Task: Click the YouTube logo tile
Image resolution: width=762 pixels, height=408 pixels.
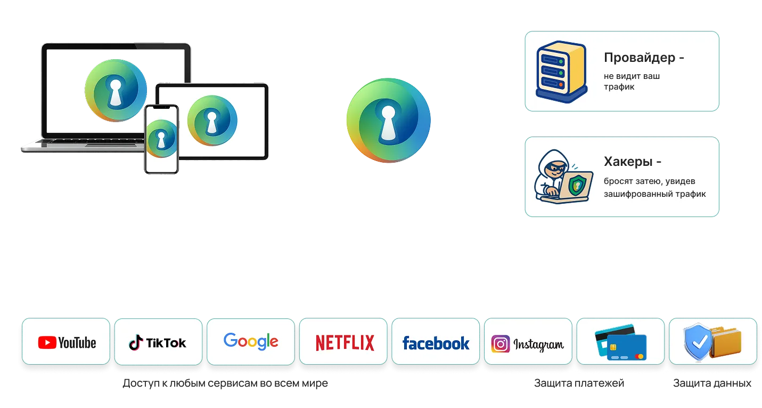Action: click(x=66, y=341)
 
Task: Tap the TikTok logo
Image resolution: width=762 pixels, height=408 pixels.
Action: click(x=158, y=342)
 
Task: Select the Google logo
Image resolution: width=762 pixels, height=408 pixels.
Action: click(x=251, y=341)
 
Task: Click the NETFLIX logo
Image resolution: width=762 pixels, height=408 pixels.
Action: click(x=345, y=343)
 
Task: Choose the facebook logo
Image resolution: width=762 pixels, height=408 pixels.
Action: click(x=436, y=343)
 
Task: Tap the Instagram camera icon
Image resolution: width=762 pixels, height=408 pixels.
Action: click(x=501, y=344)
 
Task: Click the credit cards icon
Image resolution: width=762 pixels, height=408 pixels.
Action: click(x=620, y=342)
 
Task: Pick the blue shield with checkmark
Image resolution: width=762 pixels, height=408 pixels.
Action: click(x=698, y=342)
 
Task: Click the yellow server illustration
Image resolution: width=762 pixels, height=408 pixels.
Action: click(x=562, y=72)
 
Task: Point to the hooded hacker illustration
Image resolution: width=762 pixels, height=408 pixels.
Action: click(x=563, y=177)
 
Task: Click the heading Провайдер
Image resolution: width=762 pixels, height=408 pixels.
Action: click(x=640, y=58)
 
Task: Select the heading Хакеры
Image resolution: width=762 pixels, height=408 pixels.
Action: click(x=628, y=162)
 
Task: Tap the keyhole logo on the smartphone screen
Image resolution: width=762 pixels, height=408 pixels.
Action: click(x=161, y=139)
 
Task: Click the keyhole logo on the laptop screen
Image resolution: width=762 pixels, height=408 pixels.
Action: click(x=116, y=90)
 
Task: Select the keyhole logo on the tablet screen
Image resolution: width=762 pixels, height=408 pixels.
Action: click(x=212, y=121)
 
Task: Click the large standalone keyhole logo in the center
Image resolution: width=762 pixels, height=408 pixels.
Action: click(x=389, y=121)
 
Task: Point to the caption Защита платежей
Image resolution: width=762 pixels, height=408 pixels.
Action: click(x=579, y=383)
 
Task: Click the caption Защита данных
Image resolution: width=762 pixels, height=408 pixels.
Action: click(x=712, y=383)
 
